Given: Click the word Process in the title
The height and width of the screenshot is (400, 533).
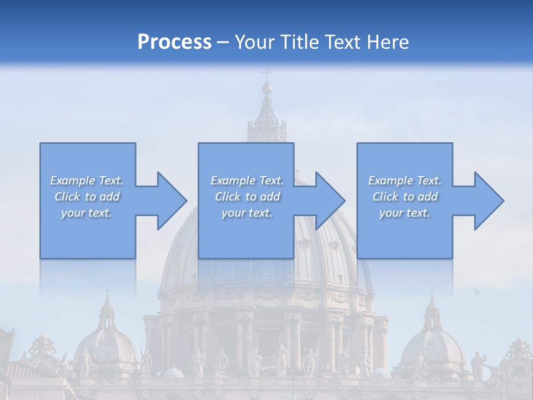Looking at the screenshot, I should coord(174,42).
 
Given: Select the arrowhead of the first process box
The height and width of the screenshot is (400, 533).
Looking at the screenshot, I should coord(169,201).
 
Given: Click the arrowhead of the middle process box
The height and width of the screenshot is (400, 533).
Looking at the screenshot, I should coord(328,201).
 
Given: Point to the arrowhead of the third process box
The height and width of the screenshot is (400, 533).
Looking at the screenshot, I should coord(486,201).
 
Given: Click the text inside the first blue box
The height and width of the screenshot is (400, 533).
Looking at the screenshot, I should coord(87,197).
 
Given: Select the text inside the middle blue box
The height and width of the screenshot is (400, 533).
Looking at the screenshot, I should coord(247,197).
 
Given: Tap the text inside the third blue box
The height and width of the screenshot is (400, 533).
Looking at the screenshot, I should coord(405,197).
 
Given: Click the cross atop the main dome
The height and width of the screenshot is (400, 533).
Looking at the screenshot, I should coord(267,74).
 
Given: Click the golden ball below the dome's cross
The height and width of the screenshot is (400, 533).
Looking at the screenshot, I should coord(267,88).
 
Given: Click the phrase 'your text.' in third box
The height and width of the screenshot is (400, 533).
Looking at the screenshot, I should coord(405,213).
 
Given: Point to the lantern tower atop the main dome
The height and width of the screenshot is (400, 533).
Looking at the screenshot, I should coord(267,119).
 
